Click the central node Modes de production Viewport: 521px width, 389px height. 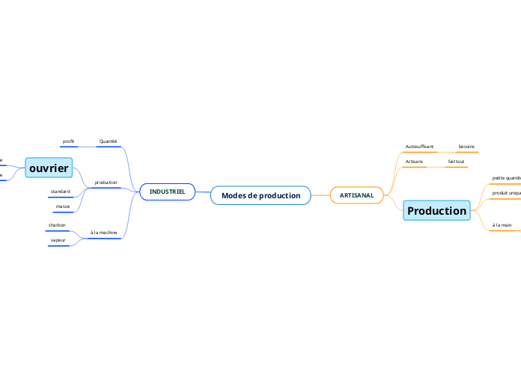click(260, 195)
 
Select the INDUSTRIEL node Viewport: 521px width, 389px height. click(168, 192)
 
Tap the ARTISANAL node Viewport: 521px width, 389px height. click(356, 195)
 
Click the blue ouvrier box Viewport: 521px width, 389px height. click(49, 168)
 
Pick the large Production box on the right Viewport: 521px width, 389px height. click(436, 211)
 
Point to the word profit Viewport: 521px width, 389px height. click(68, 141)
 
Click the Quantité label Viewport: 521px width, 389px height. click(108, 141)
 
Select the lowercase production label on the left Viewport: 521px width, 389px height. click(106, 183)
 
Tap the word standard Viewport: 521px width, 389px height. click(61, 192)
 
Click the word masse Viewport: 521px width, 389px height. click(63, 206)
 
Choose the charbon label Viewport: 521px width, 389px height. click(57, 225)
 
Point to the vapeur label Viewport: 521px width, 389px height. click(58, 240)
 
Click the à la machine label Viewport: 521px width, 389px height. click(103, 233)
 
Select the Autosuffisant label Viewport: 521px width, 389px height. click(419, 147)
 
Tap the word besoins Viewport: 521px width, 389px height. click(466, 147)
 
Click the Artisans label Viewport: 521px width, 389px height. click(414, 162)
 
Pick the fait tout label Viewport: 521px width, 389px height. click(456, 162)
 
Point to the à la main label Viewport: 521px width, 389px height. click(502, 225)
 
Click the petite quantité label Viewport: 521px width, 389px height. click(506, 178)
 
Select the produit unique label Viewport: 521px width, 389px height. click(506, 193)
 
